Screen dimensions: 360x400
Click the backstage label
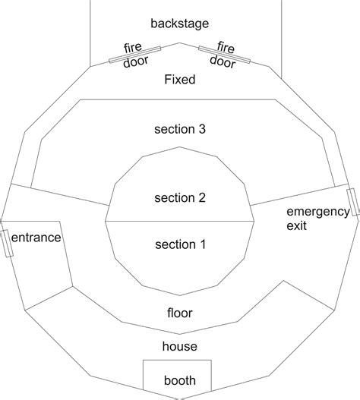pyautogui.click(x=180, y=24)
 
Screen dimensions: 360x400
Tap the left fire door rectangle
pyautogui.click(x=134, y=55)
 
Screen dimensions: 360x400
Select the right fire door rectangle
pyautogui.click(x=224, y=55)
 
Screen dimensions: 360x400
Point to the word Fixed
pyautogui.click(x=180, y=80)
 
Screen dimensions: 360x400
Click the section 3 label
pyautogui.click(x=180, y=129)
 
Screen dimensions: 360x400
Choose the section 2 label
pyautogui.click(x=180, y=198)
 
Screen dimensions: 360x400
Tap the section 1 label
pyautogui.click(x=180, y=244)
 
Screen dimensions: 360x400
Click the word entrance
pyautogui.click(x=36, y=238)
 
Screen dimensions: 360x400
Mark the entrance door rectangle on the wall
pyautogui.click(x=7, y=243)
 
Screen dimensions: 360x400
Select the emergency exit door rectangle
pyautogui.click(x=352, y=203)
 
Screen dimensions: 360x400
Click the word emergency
pyautogui.click(x=318, y=213)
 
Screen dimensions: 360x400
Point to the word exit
pyautogui.click(x=296, y=225)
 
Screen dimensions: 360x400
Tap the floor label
pyautogui.click(x=180, y=313)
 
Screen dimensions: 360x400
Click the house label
pyautogui.click(x=180, y=346)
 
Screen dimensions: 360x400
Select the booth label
pyautogui.click(x=180, y=380)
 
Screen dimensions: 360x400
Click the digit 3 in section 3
pyautogui.click(x=202, y=129)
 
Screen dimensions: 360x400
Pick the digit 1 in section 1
pyautogui.click(x=203, y=244)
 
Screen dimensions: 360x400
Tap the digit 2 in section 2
pyautogui.click(x=202, y=198)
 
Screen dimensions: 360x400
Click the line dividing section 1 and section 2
pyautogui.click(x=180, y=221)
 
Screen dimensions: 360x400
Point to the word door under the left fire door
pyautogui.click(x=136, y=61)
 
